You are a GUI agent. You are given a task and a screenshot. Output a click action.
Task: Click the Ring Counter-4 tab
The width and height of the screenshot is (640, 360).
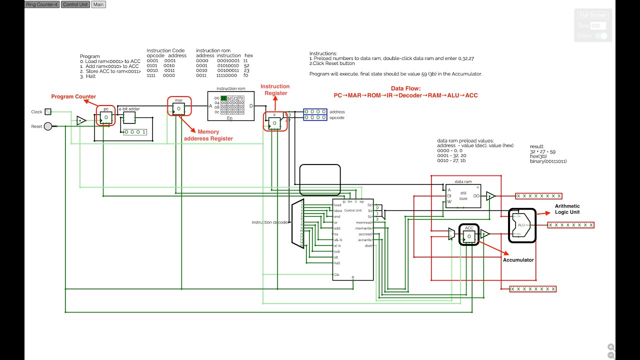(42, 4)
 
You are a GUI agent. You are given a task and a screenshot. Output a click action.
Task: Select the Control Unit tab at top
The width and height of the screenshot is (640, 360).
(75, 4)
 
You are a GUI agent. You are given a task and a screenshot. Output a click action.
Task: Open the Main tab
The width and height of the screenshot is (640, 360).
(98, 4)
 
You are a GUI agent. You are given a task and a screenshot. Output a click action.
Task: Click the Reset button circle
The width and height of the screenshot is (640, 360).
(48, 126)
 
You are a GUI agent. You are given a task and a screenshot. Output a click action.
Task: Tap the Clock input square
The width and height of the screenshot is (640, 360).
(48, 111)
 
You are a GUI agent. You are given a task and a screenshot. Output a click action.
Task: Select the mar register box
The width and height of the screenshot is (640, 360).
(178, 108)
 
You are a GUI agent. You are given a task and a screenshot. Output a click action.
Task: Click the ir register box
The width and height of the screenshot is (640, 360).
(274, 122)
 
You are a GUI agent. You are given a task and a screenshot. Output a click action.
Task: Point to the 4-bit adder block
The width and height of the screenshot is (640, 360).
(129, 117)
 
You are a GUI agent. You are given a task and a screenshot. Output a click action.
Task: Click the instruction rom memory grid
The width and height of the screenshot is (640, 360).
(232, 105)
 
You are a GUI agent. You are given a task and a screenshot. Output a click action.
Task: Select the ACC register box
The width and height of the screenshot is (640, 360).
(469, 236)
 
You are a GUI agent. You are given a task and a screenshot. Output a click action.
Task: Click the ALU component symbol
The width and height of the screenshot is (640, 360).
(521, 225)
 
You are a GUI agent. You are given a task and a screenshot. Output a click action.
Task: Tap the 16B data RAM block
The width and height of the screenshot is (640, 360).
(463, 195)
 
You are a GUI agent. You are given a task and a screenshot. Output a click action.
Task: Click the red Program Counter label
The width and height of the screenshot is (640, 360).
(73, 96)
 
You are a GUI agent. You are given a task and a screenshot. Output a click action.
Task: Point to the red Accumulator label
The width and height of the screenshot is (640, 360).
(518, 260)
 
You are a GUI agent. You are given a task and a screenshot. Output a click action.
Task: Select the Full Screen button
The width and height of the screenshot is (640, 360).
(592, 15)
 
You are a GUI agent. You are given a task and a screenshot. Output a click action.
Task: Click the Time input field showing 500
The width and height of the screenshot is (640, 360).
(598, 25)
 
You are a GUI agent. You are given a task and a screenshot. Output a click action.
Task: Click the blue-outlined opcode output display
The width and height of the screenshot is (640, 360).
(315, 117)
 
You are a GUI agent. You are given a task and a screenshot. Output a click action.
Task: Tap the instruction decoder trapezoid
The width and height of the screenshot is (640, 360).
(297, 222)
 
